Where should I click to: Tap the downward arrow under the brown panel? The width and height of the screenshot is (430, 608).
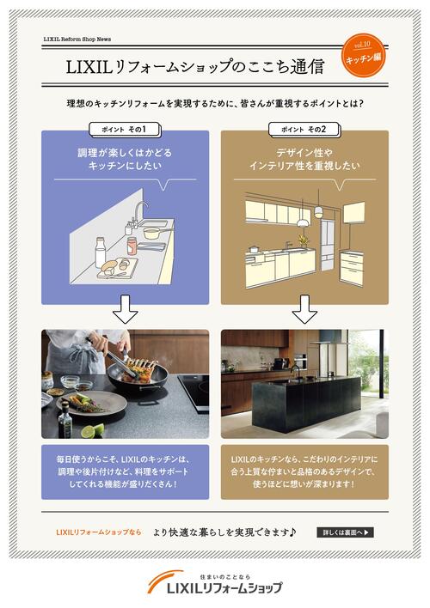tap(304, 309)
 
